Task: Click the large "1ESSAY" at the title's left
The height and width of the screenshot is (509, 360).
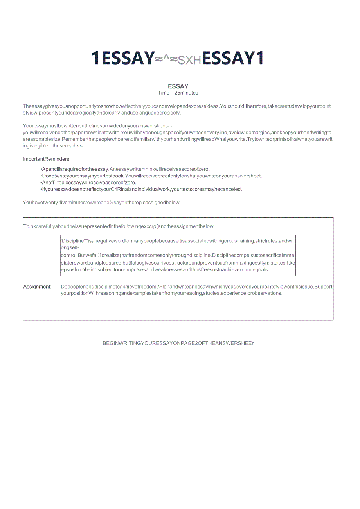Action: (x=123, y=58)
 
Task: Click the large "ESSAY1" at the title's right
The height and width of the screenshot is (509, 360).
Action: (x=232, y=58)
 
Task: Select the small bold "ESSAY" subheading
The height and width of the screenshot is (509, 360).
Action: (x=178, y=86)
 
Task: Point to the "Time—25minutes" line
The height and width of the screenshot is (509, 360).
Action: (x=178, y=93)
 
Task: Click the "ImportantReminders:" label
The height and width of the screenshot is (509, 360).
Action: (x=47, y=159)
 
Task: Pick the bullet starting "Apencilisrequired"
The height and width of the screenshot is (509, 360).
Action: (x=125, y=169)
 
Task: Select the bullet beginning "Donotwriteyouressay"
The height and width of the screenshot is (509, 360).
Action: (x=151, y=176)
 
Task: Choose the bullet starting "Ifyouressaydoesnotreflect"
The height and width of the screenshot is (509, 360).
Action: (x=141, y=189)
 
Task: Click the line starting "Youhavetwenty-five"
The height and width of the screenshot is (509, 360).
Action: (x=102, y=203)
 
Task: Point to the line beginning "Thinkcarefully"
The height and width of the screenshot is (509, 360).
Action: (x=119, y=226)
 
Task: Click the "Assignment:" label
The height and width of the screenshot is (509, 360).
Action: (x=37, y=287)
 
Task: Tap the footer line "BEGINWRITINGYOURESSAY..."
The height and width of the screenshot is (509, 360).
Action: (x=178, y=343)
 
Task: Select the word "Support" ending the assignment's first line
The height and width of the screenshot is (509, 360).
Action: (x=323, y=287)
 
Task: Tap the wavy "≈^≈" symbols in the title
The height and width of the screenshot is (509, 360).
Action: (x=167, y=59)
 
